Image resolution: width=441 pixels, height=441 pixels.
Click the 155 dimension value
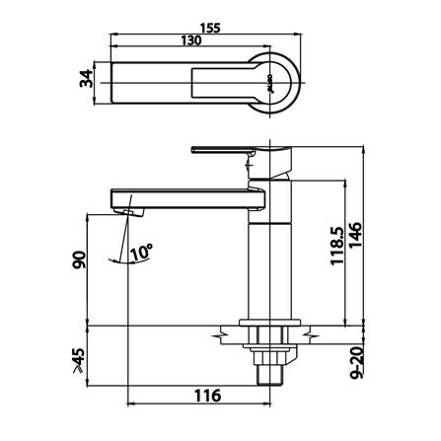tap(210, 28)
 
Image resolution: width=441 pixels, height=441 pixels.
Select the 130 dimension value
tap(191, 40)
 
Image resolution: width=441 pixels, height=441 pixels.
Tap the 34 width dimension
tap(87, 78)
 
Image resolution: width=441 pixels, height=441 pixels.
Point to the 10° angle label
tap(142, 253)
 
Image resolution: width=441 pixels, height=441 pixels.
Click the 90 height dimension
tap(79, 259)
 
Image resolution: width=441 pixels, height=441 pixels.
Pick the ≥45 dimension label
tap(79, 360)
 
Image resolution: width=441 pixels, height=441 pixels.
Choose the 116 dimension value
tap(208, 396)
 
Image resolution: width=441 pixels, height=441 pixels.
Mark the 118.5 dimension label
tap(336, 247)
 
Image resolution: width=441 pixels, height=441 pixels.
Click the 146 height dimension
tap(355, 236)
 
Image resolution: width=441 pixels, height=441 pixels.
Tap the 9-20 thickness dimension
tap(356, 363)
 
